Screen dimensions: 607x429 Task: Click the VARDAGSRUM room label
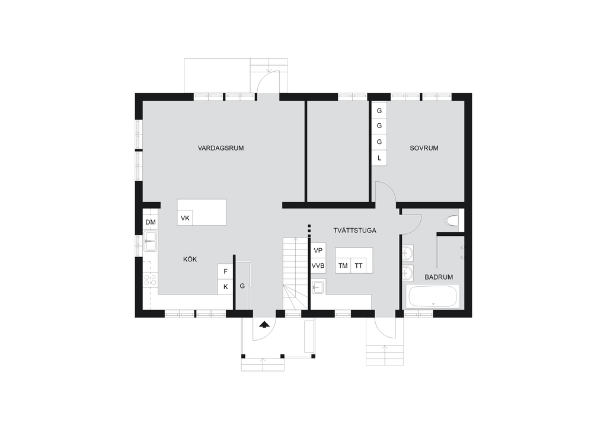221,148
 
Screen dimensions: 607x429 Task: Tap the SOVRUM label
424,148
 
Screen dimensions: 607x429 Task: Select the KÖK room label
190,259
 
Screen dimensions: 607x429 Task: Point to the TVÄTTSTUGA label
354,230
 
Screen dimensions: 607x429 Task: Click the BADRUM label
439,277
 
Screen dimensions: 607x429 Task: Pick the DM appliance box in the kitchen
151,222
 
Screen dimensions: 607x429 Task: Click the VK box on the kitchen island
185,218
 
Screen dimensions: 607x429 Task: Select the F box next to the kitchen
225,271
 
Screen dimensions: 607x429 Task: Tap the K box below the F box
225,287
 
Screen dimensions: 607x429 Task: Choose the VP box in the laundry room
318,250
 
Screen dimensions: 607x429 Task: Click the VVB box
318,266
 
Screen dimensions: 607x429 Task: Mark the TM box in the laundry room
343,266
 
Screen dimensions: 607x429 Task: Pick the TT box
359,266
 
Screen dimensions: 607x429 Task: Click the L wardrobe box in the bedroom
379,158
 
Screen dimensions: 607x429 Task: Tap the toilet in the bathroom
452,221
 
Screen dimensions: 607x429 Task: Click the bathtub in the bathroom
433,297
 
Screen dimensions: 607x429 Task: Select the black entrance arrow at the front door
264,324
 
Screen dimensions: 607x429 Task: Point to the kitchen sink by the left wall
150,241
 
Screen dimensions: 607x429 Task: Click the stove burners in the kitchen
150,280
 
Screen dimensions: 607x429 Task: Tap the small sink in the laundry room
318,287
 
